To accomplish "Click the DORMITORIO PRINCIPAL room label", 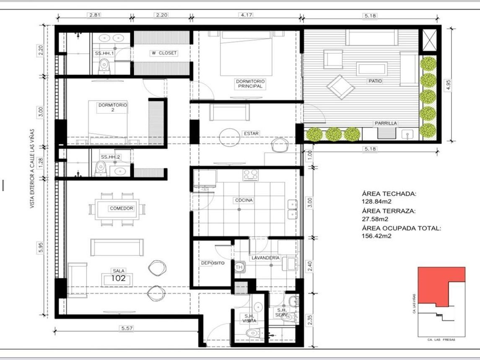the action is tap(250, 84).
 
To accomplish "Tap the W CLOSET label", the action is tap(164, 53).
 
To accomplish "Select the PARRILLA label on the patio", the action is tap(386, 123).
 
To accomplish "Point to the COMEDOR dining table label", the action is tap(122, 208).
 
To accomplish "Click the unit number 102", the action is tap(118, 278).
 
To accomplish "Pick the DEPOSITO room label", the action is tap(213, 263).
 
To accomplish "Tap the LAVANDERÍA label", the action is tap(265, 258).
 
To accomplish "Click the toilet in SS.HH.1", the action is tap(104, 66).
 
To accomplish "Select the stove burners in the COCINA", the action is tap(250, 175).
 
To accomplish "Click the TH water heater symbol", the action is tap(239, 267).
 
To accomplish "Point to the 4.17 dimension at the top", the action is tap(246, 15).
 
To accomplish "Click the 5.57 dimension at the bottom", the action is tap(127, 328).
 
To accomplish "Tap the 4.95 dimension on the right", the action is tap(449, 85).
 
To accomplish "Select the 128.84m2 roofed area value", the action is tap(376, 202).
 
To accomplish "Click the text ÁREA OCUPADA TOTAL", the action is tap(401, 228).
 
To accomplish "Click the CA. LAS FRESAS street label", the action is tap(441, 340).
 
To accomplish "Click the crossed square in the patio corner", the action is tap(429, 41).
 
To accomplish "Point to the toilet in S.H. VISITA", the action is tap(254, 333).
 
